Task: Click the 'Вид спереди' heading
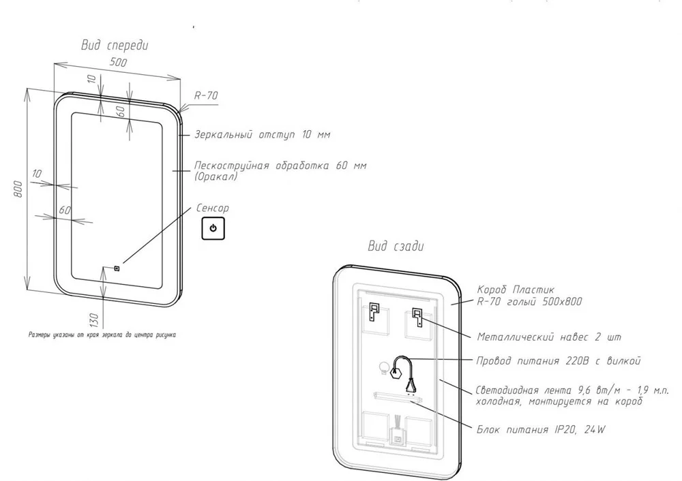tap(115, 46)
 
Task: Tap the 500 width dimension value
tap(118, 63)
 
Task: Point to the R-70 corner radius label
tap(206, 97)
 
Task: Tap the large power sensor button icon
tap(213, 229)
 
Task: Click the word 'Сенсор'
tap(212, 208)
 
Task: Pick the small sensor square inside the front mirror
tap(117, 268)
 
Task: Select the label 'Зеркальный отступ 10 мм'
tap(262, 135)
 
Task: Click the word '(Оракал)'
tap(215, 176)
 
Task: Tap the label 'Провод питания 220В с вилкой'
tap(559, 360)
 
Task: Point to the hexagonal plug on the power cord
tap(396, 372)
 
